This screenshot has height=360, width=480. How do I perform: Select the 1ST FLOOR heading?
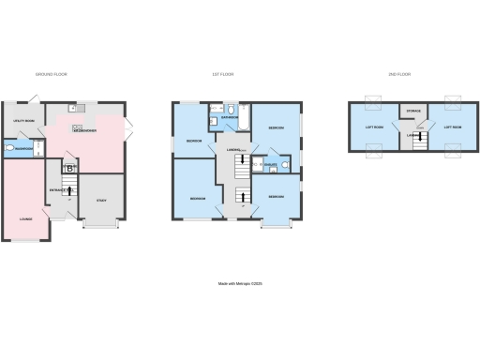click(x=236, y=74)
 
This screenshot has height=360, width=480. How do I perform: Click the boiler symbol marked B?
click(x=68, y=169)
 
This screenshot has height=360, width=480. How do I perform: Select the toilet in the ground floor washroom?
click(x=9, y=148)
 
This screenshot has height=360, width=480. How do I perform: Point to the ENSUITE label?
click(x=270, y=163)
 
